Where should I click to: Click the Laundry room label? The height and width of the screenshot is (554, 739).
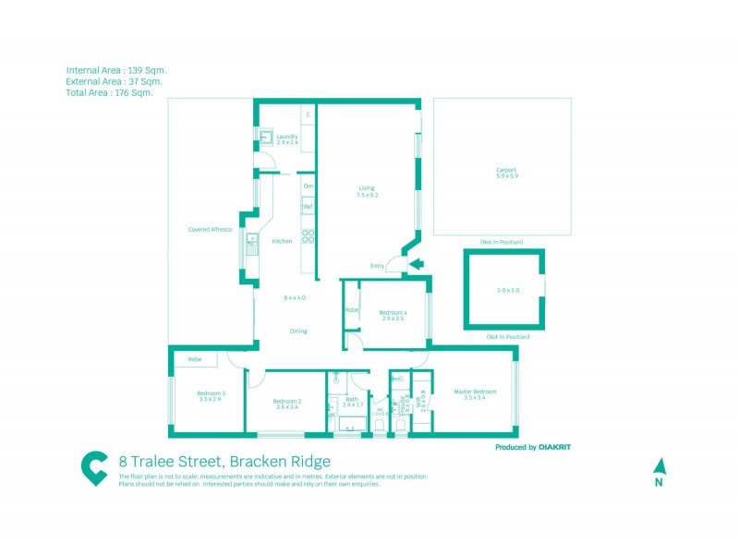(286, 137)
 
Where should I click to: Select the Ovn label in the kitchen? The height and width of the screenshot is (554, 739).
(308, 187)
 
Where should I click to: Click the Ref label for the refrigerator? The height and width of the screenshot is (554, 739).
(308, 207)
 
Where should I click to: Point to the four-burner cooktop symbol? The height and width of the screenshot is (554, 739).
(309, 236)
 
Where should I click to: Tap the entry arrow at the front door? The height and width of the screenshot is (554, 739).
(416, 265)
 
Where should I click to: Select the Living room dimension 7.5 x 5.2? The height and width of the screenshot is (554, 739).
(369, 196)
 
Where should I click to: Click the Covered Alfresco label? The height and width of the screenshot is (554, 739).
(210, 229)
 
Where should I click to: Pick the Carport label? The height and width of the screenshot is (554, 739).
(505, 170)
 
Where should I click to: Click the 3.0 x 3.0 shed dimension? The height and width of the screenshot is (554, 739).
(508, 291)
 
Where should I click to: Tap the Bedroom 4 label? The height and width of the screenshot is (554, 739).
(393, 312)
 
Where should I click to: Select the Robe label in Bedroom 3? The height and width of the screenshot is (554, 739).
(195, 359)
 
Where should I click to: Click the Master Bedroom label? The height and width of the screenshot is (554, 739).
(475, 391)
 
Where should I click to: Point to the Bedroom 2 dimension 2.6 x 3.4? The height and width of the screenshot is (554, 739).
(287, 407)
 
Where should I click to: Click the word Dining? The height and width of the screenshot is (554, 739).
(298, 331)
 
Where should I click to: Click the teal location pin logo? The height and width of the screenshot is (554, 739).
(93, 468)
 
